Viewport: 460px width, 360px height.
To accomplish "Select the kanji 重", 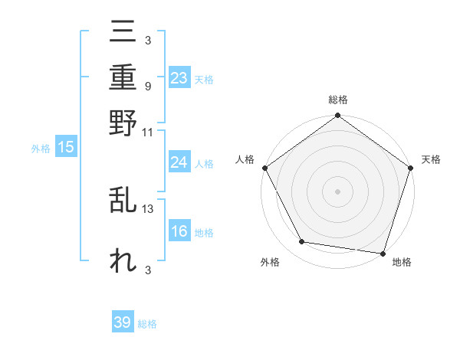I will tap(123, 77).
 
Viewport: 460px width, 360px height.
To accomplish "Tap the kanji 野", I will tap(123, 121).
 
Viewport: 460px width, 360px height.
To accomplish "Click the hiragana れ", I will tap(123, 261).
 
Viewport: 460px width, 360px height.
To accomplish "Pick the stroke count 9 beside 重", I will tap(148, 87).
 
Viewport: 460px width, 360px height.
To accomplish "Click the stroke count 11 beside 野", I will tap(148, 131).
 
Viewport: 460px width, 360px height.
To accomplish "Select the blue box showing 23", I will tap(179, 78).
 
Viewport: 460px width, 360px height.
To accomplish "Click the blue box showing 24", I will tap(179, 162).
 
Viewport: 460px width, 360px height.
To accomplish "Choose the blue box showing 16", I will tap(179, 232).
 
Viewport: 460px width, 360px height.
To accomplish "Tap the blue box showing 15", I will tap(66, 148).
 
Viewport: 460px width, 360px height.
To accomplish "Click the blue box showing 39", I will tap(123, 322).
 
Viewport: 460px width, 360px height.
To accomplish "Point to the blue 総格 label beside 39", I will tap(147, 324).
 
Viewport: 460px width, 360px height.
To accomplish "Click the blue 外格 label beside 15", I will tap(40, 149).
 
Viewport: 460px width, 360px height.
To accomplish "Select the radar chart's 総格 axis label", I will tap(337, 100).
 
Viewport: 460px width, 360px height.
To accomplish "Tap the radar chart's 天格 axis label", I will tap(431, 159).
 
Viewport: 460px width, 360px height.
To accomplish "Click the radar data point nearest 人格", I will tap(265, 168).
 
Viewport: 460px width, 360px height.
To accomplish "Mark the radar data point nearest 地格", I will tap(383, 253).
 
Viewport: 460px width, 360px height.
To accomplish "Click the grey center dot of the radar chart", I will tap(337, 191).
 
